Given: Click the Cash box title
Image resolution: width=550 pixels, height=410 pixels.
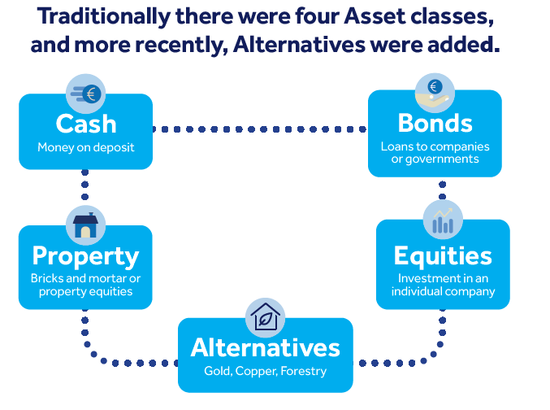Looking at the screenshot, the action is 86,124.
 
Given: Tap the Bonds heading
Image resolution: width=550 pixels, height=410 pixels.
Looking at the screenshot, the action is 435,123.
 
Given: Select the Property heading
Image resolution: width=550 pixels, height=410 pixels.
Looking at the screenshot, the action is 85,256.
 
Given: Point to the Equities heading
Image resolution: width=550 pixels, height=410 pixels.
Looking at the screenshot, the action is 443,255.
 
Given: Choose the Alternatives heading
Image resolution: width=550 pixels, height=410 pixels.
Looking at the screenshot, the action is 265,347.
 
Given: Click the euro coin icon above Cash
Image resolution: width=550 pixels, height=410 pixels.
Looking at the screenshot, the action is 85,94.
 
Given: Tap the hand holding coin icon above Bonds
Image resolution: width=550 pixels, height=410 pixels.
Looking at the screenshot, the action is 435,93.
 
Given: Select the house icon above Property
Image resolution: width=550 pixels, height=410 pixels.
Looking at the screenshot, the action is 85,225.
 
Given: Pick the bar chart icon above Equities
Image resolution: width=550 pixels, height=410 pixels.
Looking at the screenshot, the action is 443,220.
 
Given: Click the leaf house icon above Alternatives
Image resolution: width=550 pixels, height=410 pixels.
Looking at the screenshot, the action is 265,318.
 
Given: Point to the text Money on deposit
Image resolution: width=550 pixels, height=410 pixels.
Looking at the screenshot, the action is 86,147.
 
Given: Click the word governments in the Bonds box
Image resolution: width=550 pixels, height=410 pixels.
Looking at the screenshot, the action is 442,159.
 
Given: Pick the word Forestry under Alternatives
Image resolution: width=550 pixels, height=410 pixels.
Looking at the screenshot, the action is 304,371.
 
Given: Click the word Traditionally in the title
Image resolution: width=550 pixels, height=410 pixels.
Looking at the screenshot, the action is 104,17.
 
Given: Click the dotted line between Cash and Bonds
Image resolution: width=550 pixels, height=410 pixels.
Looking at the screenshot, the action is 260,129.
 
